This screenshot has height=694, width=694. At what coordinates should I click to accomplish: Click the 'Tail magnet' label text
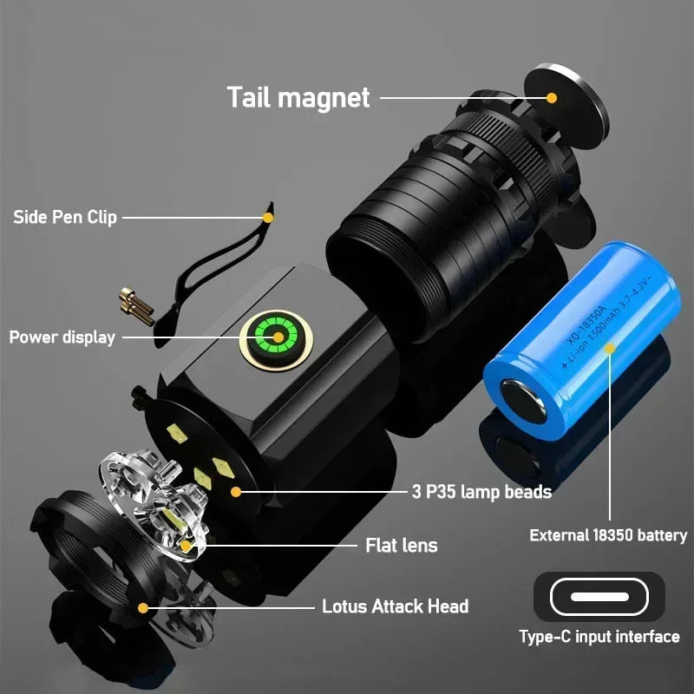click(x=298, y=96)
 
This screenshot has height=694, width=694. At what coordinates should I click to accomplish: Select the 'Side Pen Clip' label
click(x=64, y=217)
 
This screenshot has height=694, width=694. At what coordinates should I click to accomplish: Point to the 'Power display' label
click(x=62, y=337)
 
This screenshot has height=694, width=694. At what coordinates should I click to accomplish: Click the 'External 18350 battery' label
click(x=608, y=535)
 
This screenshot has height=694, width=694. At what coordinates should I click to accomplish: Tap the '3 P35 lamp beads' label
click(x=481, y=492)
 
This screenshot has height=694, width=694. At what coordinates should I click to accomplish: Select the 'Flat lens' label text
click(x=402, y=545)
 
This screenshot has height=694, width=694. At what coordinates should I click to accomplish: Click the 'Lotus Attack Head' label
click(x=395, y=606)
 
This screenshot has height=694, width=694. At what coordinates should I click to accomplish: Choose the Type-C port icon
click(x=599, y=597)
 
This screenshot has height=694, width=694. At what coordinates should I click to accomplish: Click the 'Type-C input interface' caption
click(x=599, y=637)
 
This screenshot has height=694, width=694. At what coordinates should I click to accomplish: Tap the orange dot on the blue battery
click(x=610, y=349)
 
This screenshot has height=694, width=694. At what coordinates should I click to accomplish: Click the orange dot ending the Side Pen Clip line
click(x=268, y=217)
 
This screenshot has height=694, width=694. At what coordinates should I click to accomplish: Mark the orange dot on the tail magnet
click(x=553, y=97)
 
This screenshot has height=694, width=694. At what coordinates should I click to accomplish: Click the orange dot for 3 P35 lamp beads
click(x=235, y=492)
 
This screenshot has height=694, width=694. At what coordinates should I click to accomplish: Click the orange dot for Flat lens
click(x=185, y=546)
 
